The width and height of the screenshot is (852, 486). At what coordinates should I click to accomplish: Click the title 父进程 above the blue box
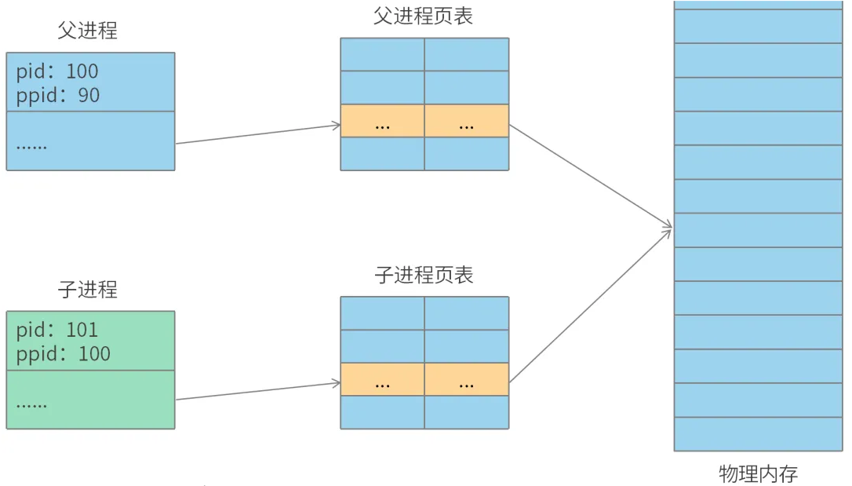click(x=87, y=31)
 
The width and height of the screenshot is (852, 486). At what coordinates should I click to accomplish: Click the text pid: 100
click(x=57, y=71)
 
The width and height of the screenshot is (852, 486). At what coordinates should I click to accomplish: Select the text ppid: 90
click(x=58, y=95)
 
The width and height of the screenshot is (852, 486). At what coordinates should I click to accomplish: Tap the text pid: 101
click(x=57, y=330)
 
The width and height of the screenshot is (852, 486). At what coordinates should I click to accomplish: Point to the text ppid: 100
click(x=64, y=353)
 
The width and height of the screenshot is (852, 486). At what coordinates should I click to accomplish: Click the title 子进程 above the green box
click(x=87, y=289)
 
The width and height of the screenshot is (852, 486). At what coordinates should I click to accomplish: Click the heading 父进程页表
click(x=424, y=16)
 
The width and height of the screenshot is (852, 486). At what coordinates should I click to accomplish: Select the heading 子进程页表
click(x=424, y=275)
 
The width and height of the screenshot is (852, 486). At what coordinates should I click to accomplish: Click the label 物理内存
click(x=758, y=473)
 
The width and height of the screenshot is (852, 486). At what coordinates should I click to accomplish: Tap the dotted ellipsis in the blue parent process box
click(x=31, y=145)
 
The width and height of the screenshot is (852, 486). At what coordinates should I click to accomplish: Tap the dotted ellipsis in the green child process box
click(x=31, y=404)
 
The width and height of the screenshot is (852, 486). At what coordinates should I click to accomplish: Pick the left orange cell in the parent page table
click(x=382, y=121)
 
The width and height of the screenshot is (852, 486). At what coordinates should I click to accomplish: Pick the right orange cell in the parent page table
click(x=466, y=121)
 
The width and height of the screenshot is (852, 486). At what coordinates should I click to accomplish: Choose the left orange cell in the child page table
click(x=382, y=379)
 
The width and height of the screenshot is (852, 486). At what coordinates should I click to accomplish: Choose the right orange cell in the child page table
click(x=466, y=379)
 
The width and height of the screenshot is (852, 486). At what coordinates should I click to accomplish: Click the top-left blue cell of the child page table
click(x=382, y=312)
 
